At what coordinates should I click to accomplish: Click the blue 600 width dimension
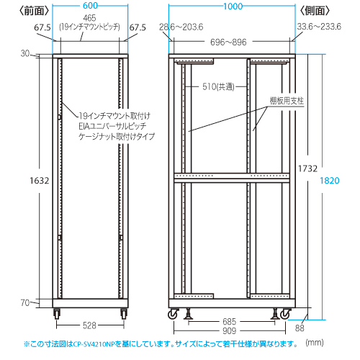pos(90,6)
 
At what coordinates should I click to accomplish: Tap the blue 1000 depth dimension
pos(233,6)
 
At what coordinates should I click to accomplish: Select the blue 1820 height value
pos(330,181)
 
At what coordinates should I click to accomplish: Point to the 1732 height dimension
pos(307,168)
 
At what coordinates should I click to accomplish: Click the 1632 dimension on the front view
pos(40,181)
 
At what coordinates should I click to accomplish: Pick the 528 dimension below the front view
pos(89,325)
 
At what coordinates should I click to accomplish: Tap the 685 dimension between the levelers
pos(230,321)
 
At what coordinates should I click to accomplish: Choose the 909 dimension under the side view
pos(230,330)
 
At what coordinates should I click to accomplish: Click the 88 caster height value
pos(300,328)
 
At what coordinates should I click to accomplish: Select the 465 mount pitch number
pos(89,18)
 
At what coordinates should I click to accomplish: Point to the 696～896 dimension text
pos(228,42)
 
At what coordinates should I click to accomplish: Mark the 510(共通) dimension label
pos(218,86)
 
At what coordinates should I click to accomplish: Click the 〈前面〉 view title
pos(34,11)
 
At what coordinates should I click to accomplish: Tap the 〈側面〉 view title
pos(315,11)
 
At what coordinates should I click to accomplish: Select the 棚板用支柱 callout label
pos(287,101)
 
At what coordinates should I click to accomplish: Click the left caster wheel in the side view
pos(174,315)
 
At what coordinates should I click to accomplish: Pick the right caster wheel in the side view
pos(285,315)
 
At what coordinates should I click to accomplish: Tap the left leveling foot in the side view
pos(189,314)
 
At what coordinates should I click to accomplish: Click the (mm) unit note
pos(315,342)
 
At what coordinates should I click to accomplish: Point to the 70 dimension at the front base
pos(25,303)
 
